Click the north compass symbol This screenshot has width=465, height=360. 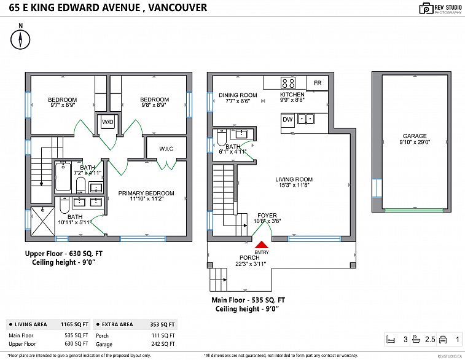[20, 39]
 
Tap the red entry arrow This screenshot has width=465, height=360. [262, 245]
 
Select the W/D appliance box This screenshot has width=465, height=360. [107, 122]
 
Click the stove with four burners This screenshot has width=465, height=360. [288, 83]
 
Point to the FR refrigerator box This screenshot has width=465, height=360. [318, 83]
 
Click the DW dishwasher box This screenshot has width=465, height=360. [287, 120]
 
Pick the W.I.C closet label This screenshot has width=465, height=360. [166, 149]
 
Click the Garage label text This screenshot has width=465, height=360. [415, 136]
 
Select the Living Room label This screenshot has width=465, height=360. [294, 179]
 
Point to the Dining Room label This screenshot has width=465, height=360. [238, 95]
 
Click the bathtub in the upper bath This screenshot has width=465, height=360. [63, 177]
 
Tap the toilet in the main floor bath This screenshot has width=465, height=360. [222, 138]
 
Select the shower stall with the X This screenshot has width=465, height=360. [43, 222]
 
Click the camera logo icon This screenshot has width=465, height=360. [426, 9]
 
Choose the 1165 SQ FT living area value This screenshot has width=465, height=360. [75, 324]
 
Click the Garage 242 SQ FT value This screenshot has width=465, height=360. [163, 344]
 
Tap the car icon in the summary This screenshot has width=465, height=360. [443, 339]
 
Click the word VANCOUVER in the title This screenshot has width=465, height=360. [178, 7]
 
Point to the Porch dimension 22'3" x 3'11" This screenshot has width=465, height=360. [251, 264]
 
